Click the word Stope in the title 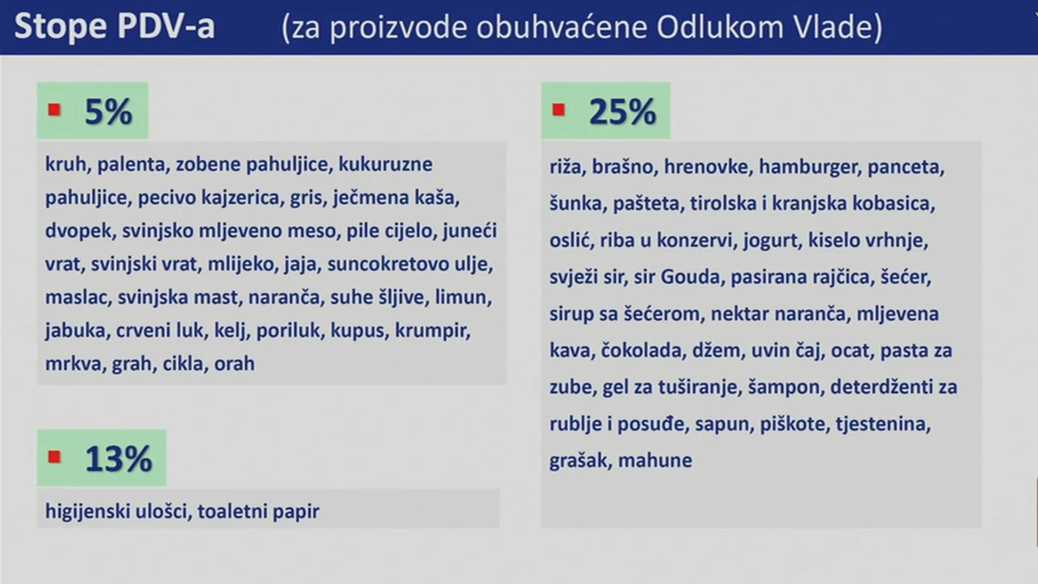click(61, 27)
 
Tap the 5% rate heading click(109, 112)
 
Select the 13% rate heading click(118, 458)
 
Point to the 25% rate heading click(622, 112)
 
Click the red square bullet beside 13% click(54, 457)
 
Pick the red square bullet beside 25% click(559, 109)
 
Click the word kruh click(66, 164)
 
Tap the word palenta click(131, 165)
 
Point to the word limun click(462, 297)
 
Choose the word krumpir click(432, 331)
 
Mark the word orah click(234, 364)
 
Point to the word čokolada click(641, 350)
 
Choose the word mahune click(655, 461)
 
